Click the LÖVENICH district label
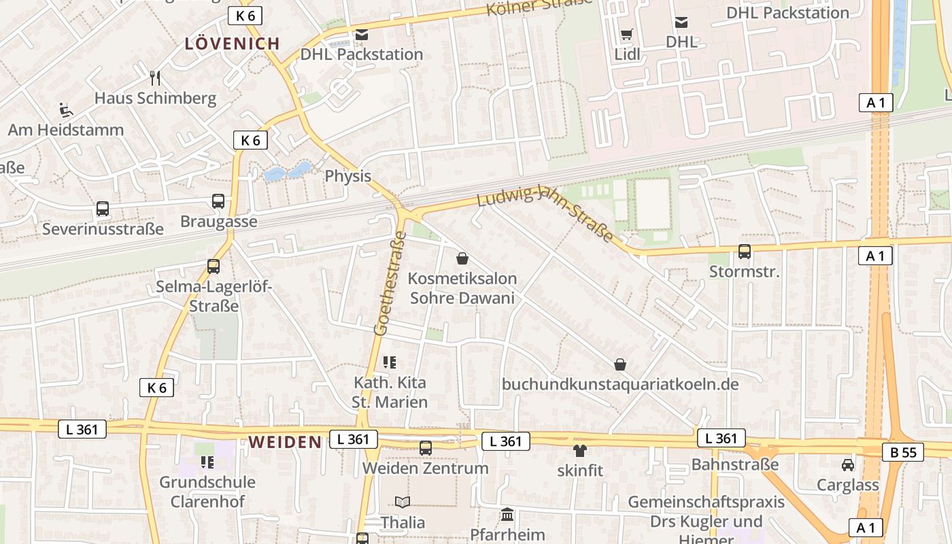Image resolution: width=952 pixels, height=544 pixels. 233,44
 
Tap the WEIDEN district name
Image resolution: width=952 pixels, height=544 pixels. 285,442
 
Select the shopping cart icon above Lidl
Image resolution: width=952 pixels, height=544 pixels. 627,34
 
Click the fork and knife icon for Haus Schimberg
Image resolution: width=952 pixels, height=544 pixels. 155,78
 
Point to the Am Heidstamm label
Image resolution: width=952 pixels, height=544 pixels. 66,129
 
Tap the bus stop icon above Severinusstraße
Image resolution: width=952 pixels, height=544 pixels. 103,209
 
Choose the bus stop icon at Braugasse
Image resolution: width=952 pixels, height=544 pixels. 218,201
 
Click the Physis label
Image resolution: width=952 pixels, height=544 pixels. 347,176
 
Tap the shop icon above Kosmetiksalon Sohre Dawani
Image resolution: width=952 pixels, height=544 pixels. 462,258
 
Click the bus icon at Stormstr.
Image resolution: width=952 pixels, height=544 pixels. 745,252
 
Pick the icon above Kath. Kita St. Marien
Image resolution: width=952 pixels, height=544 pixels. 390,362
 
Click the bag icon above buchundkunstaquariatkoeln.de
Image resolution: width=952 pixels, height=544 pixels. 620,364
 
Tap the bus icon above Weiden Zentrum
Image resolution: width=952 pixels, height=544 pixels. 426,448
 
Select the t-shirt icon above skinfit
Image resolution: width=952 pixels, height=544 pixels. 580,450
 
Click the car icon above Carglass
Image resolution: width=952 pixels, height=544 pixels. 848,465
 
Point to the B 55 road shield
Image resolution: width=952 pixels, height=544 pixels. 903,452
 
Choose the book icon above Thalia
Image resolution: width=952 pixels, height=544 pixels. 403,503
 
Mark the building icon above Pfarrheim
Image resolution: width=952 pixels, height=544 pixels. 507,514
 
